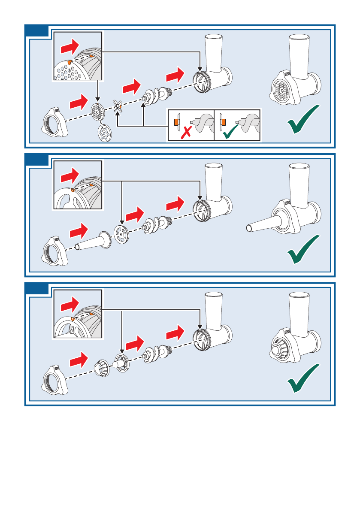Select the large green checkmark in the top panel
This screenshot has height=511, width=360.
tap(303, 119)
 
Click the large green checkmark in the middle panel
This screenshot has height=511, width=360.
tap(303, 249)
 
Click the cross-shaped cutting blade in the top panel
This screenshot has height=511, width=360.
tap(118, 106)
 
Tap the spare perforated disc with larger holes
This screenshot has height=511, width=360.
tap(103, 133)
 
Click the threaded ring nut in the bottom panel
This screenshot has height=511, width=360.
tap(56, 379)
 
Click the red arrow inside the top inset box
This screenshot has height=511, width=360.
tap(70, 45)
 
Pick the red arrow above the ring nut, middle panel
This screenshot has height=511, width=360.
tap(78, 232)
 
